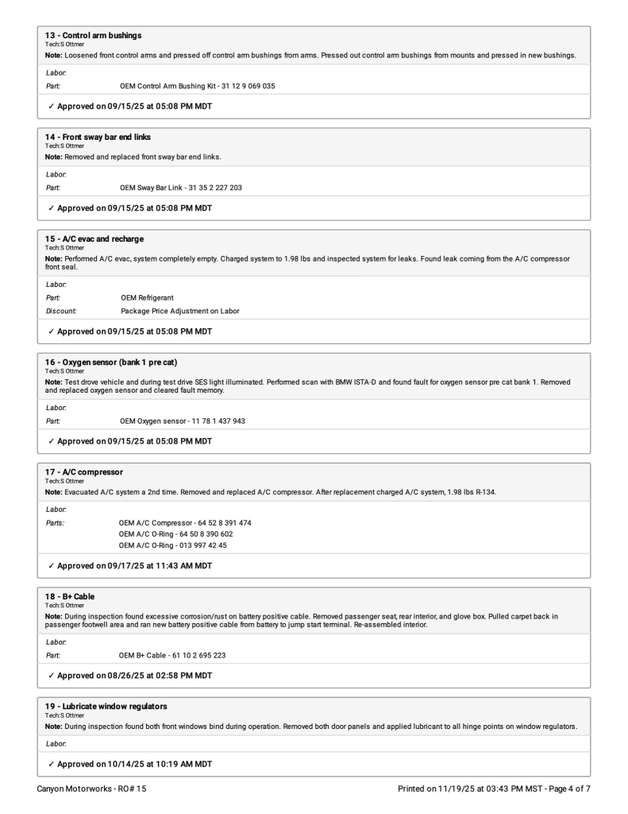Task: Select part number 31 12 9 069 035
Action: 241,86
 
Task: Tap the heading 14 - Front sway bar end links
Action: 79,137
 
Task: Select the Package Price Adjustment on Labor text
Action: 180,311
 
